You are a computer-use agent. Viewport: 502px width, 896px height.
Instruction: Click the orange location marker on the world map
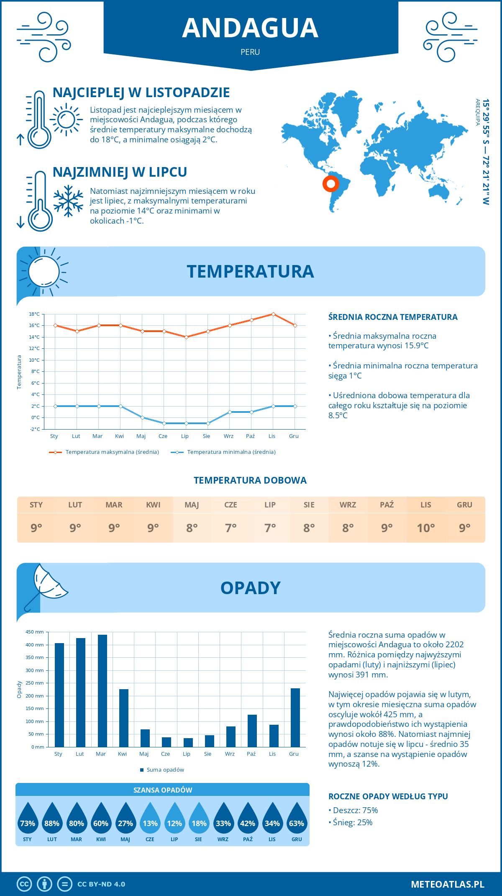(x=330, y=183)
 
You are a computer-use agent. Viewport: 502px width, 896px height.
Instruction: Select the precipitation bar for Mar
(x=102, y=691)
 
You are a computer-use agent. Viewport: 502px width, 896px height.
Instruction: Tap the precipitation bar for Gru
(x=295, y=718)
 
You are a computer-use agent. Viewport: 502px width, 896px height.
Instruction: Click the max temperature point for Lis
(x=273, y=314)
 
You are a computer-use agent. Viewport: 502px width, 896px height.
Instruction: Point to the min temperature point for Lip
(x=186, y=423)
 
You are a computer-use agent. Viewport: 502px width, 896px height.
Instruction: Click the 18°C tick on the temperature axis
(x=34, y=314)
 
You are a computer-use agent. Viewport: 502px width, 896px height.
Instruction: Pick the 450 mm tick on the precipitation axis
(x=35, y=632)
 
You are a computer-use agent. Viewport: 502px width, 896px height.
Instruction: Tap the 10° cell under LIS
(x=425, y=528)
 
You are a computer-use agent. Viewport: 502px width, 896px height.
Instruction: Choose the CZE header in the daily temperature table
(x=231, y=505)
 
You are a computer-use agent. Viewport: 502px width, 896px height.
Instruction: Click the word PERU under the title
(x=250, y=52)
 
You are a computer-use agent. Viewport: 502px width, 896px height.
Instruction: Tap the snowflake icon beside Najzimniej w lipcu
(x=68, y=201)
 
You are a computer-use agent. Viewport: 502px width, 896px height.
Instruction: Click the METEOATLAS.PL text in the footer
(x=447, y=884)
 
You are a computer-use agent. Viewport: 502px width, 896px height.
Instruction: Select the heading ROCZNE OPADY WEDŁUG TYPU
(x=388, y=796)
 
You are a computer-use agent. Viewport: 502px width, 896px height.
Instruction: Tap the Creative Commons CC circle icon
(x=24, y=884)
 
